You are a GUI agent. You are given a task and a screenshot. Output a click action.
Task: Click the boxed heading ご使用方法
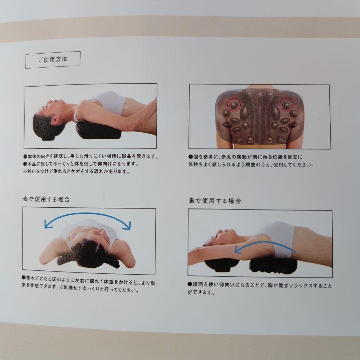click(53, 60)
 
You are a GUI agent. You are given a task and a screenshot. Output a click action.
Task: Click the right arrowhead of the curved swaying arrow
click(128, 226)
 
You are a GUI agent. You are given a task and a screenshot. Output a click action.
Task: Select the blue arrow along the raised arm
click(264, 244)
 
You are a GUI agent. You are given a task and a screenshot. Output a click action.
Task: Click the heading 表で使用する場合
click(46, 199)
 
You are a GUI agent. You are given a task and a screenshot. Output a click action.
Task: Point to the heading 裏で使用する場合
click(215, 201)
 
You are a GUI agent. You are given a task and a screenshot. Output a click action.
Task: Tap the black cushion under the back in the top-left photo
click(99, 130)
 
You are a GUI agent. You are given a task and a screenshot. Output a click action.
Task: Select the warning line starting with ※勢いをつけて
click(76, 172)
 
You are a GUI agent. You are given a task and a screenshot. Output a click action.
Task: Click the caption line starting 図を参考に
click(245, 157)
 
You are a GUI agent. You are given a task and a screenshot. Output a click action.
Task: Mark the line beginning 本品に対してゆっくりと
click(81, 164)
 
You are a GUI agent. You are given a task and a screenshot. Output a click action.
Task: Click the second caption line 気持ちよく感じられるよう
click(251, 165)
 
